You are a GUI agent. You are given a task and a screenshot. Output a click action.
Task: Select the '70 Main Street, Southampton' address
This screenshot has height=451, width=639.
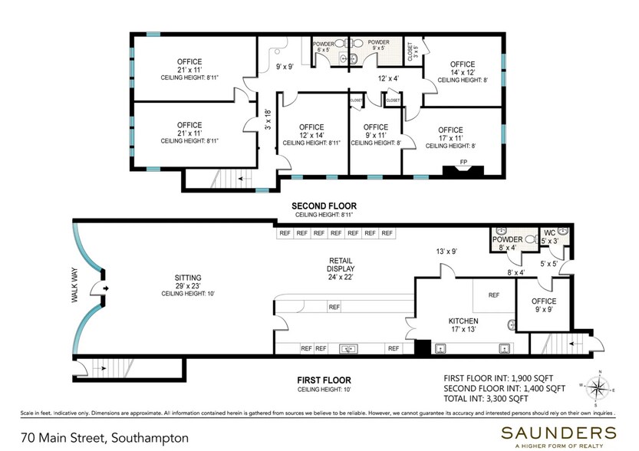[104, 438]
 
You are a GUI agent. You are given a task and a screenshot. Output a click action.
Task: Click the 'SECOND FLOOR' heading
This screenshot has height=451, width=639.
[323, 206]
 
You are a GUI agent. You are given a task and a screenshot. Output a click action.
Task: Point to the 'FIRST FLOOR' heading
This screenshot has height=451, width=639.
[323, 380]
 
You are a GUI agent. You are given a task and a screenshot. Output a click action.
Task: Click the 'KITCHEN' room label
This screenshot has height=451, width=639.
[463, 321]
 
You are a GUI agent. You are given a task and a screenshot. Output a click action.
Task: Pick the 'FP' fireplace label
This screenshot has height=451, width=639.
[464, 162]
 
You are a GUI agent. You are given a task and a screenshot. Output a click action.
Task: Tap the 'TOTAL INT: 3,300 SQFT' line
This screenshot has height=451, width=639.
[496, 399]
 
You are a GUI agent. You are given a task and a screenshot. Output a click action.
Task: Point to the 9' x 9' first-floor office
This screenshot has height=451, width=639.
[543, 305]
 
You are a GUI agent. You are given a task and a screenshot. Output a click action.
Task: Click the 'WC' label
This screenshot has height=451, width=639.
[550, 233]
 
